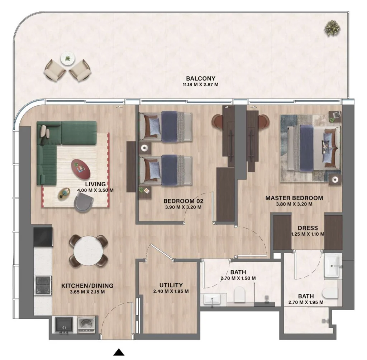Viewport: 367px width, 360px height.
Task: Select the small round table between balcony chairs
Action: [x=67, y=58]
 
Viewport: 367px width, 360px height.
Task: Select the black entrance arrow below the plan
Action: [x=119, y=352]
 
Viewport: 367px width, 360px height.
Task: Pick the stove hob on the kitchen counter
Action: [x=43, y=285]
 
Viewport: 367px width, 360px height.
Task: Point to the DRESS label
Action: [x=307, y=228]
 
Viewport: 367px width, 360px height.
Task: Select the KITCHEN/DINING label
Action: [x=87, y=285]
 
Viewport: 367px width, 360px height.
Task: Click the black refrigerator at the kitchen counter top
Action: [x=43, y=236]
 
